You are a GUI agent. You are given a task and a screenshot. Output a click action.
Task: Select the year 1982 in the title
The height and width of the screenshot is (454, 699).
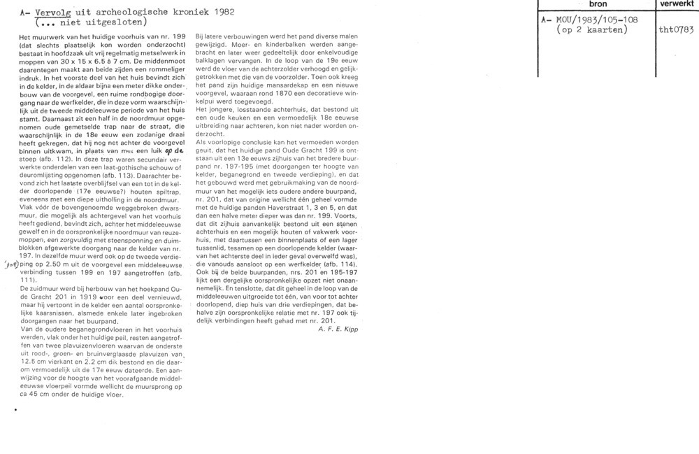tap(219, 11)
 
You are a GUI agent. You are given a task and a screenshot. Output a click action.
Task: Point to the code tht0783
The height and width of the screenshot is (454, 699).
tap(676, 31)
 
